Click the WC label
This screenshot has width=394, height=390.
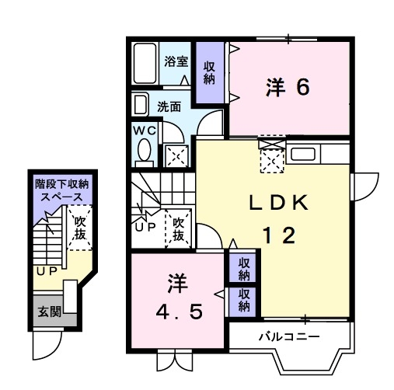145,131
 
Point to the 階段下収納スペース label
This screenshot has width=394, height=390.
61,190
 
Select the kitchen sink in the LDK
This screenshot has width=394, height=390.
302,153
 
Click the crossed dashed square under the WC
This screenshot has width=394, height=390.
176,154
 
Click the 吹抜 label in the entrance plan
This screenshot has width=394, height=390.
79,227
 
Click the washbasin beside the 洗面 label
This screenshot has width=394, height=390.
141,104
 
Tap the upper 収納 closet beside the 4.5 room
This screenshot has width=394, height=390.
244,269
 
